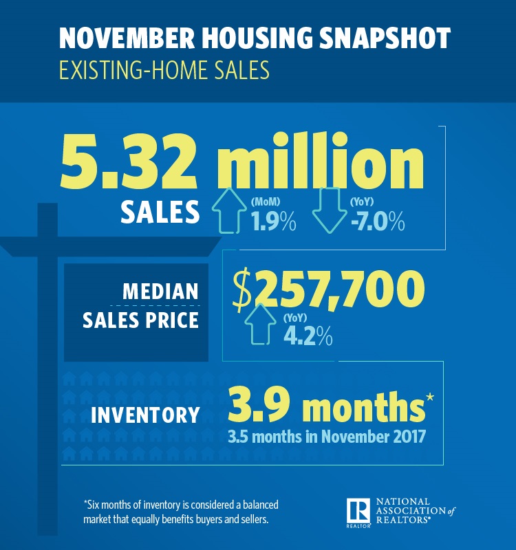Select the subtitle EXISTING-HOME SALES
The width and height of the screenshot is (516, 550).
[x=164, y=71]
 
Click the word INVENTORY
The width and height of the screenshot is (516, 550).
[x=145, y=415]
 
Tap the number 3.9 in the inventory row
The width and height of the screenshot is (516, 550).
[x=260, y=408]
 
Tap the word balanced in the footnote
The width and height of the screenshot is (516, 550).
[x=259, y=505]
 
